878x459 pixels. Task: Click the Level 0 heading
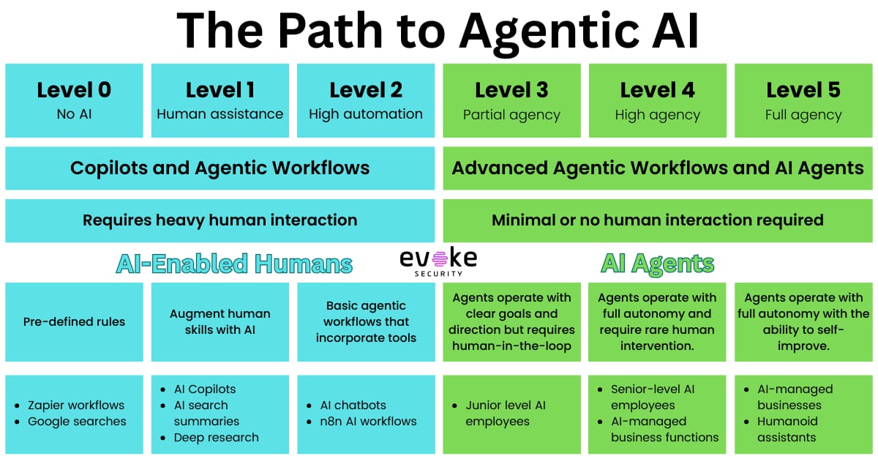tap(74, 90)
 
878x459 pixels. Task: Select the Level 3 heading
tap(511, 90)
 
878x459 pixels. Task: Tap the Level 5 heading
tap(803, 90)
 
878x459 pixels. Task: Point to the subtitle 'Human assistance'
tap(219, 114)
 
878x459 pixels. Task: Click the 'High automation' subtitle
tap(366, 114)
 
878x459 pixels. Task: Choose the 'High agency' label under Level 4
tap(657, 115)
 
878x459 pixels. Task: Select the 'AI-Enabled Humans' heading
tap(234, 264)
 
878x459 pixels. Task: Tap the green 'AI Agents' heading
tap(657, 264)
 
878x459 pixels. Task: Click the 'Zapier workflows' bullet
tap(76, 405)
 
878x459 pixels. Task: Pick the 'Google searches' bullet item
tap(77, 421)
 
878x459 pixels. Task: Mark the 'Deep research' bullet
tap(216, 437)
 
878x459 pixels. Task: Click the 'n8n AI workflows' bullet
tap(368, 421)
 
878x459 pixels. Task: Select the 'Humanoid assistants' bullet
tap(787, 429)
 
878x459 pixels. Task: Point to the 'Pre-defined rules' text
tap(74, 321)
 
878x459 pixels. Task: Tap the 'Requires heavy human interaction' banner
tap(219, 220)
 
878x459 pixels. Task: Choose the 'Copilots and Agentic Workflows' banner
tap(219, 168)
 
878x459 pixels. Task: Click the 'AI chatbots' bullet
tap(353, 405)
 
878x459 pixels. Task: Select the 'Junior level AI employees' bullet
tap(505, 413)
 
